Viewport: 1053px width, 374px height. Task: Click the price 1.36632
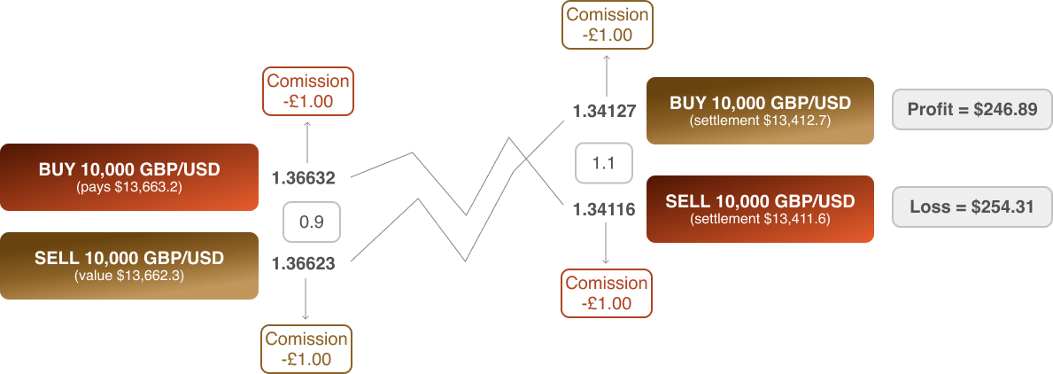(303, 178)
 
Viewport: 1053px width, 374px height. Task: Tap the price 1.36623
(303, 263)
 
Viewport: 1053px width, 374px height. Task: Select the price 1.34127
(604, 112)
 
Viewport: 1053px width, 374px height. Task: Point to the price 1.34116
(604, 210)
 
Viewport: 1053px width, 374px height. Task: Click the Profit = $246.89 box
(971, 110)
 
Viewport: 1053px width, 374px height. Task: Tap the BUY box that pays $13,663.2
(129, 176)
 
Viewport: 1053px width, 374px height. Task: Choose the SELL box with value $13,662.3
(129, 265)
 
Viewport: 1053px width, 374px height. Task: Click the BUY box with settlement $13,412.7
(760, 111)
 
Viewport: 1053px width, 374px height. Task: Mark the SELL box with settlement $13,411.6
(760, 209)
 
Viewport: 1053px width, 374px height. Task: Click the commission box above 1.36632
(308, 90)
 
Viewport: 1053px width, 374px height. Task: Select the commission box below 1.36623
(306, 348)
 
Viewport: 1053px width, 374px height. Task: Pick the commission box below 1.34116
(607, 292)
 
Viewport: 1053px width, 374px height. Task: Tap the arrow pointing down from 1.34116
(607, 244)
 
